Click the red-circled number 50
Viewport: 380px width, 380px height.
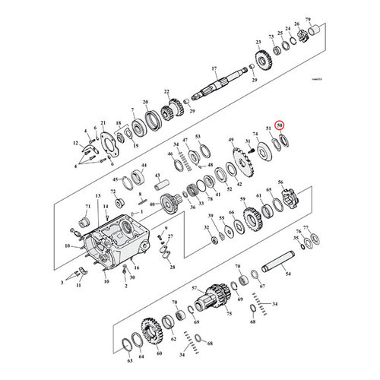[280, 125]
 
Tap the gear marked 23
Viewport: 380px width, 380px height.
[263, 59]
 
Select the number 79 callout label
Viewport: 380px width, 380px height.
[308, 18]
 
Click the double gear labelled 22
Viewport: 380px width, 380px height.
[168, 112]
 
